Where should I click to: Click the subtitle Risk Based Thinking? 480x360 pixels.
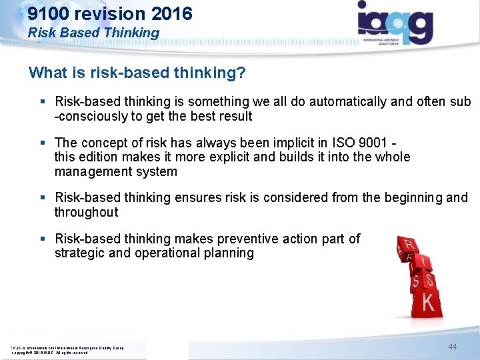94,32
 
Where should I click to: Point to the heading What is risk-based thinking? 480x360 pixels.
137,73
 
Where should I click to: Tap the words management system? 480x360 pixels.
116,172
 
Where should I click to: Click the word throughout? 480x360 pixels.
86,213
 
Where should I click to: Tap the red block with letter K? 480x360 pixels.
428,303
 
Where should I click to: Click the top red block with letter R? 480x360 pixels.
407,244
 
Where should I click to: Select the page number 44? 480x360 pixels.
453,347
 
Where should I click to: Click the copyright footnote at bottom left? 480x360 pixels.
67,350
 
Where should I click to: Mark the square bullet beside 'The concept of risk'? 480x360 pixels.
43,143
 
